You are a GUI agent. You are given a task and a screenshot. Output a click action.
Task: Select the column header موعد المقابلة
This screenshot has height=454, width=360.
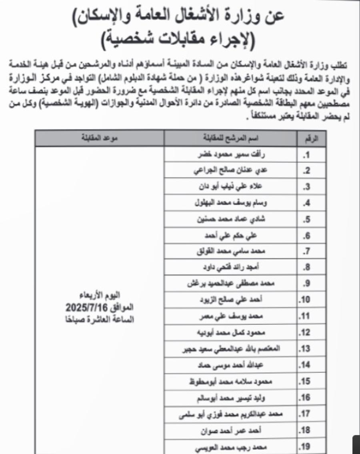pos(100,139)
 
